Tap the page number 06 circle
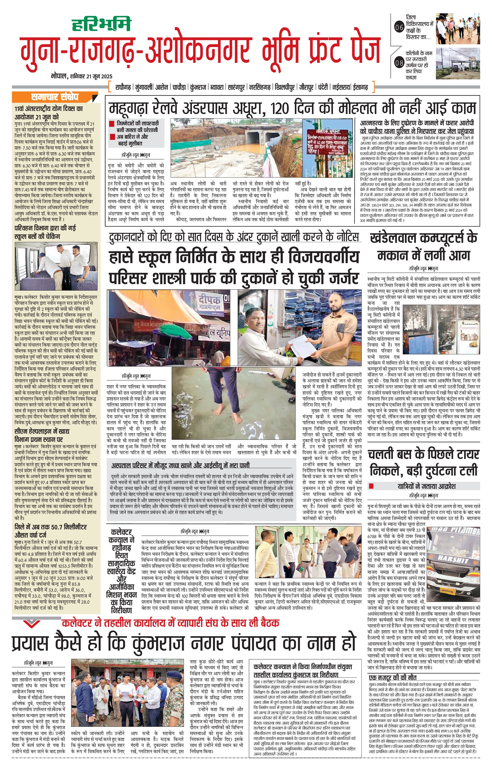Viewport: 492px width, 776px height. point(399,28)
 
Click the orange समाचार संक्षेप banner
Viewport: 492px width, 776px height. point(55,97)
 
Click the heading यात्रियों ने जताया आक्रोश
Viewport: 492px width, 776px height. point(426,486)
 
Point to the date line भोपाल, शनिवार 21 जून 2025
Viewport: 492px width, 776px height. point(82,76)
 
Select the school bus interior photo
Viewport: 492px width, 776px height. point(56,267)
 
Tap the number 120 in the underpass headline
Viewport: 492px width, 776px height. point(280,109)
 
